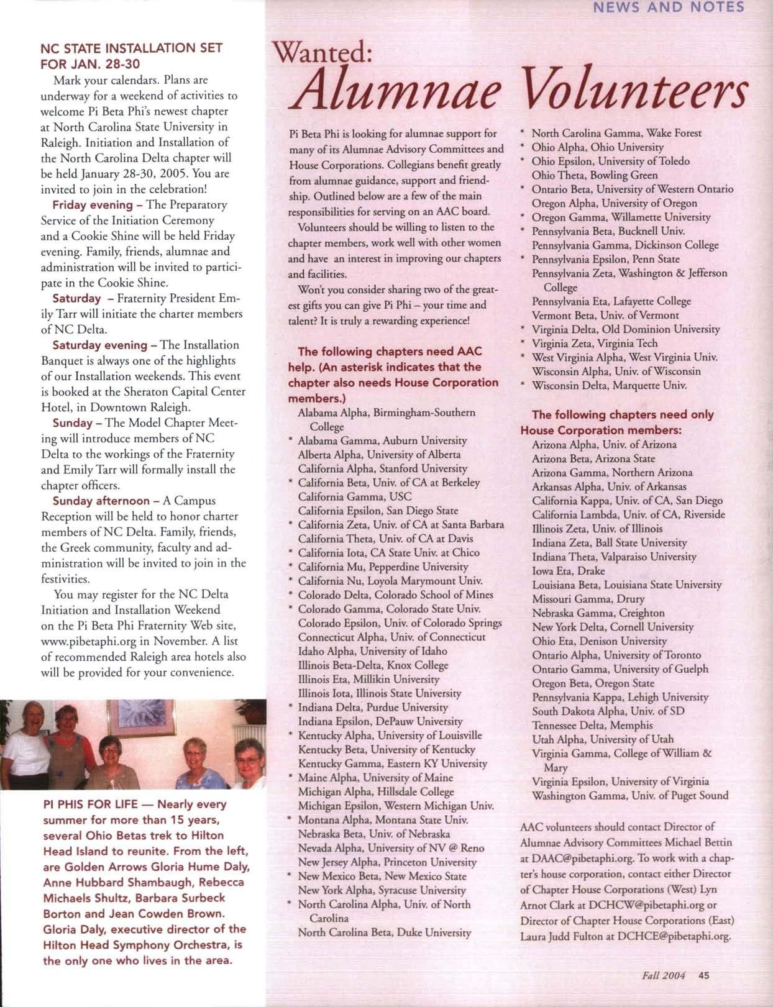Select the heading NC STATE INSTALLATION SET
pyautogui.click(x=131, y=48)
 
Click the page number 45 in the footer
pyautogui.click(x=703, y=975)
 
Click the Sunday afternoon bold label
pyautogui.click(x=101, y=501)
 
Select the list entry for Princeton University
pyautogui.click(x=387, y=862)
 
